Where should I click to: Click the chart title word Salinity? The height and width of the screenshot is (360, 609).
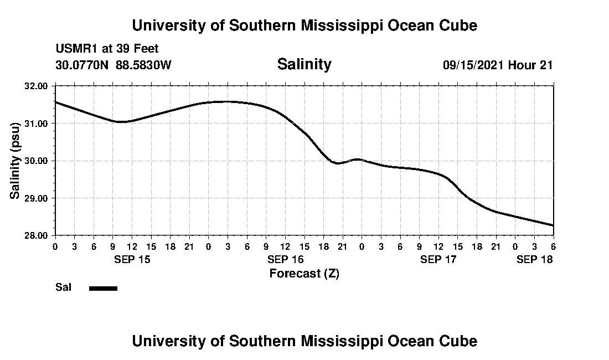304,64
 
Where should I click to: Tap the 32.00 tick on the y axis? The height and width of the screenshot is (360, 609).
37,86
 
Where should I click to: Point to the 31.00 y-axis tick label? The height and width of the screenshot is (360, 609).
37,123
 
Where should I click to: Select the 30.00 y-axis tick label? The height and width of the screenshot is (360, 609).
37,161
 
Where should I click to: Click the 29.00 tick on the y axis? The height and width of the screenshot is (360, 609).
37,198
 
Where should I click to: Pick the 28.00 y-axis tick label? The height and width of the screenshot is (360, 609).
37,235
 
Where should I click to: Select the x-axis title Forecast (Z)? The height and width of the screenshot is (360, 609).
304,274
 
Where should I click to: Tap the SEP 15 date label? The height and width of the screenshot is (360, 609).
132,259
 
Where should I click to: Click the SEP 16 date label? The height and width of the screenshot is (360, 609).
286,259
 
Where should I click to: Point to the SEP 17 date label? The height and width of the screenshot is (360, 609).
438,259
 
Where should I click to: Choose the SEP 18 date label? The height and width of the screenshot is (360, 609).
534,259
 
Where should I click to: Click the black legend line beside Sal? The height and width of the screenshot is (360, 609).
103,288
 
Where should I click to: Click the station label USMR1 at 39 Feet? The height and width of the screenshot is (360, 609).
107,49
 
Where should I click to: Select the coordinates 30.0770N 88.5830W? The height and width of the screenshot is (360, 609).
113,65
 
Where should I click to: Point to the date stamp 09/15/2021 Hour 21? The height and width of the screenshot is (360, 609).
498,65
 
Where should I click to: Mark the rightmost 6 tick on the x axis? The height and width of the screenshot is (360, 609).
553,246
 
